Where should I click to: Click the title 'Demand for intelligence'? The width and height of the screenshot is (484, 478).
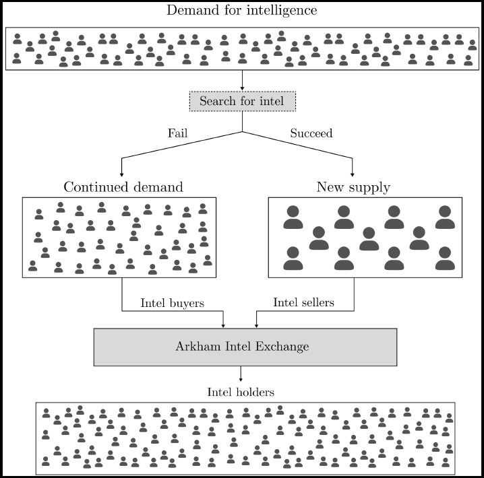(241, 10)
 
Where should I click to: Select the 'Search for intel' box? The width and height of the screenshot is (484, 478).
(242, 101)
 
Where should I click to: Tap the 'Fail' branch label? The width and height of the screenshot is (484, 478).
(177, 133)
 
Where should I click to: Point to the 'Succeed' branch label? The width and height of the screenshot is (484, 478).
(311, 133)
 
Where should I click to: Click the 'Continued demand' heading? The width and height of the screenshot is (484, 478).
(123, 187)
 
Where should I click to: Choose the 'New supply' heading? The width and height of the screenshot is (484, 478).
(353, 187)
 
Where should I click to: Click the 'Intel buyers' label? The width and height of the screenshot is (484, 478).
(172, 303)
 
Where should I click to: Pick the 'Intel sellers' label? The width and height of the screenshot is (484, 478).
(303, 303)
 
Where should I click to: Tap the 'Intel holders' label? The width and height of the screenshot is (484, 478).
(241, 392)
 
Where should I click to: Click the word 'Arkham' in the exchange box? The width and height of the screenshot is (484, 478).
(195, 347)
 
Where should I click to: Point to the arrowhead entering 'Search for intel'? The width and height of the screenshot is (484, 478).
(242, 88)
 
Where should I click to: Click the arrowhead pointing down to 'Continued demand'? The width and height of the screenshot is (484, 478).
(121, 174)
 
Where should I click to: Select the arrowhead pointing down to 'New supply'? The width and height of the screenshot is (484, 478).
(353, 174)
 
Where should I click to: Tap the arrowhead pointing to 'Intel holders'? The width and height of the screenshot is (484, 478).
(241, 379)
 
